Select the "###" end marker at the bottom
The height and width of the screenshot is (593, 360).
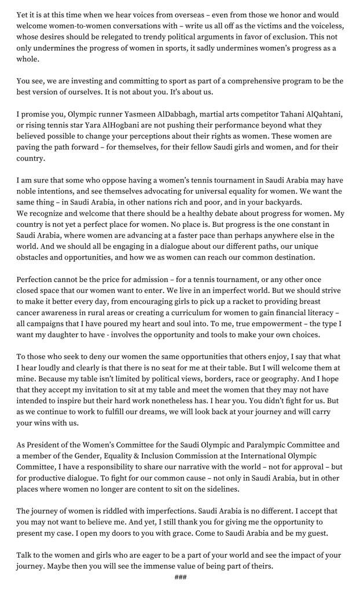[x=180, y=577]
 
